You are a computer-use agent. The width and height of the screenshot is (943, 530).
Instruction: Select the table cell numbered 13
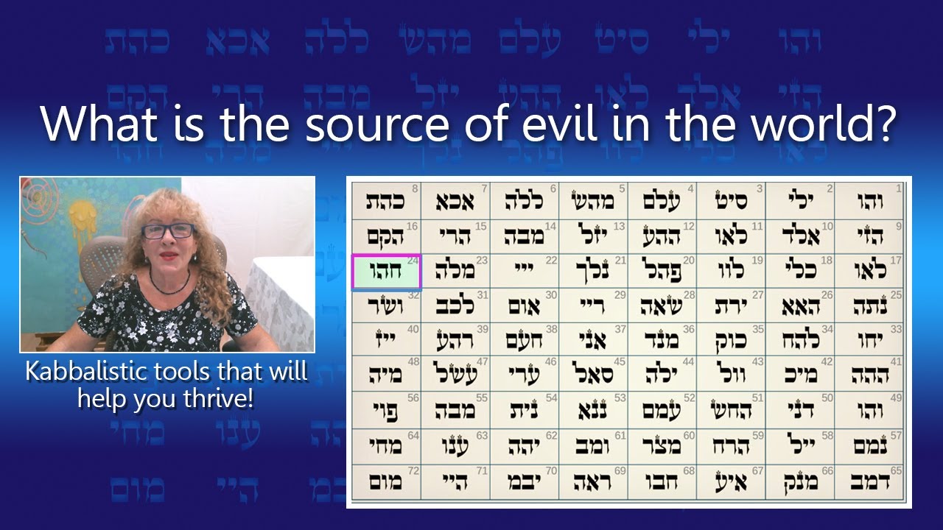[x=594, y=236]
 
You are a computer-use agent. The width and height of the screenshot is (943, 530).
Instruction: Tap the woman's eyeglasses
[x=168, y=231]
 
